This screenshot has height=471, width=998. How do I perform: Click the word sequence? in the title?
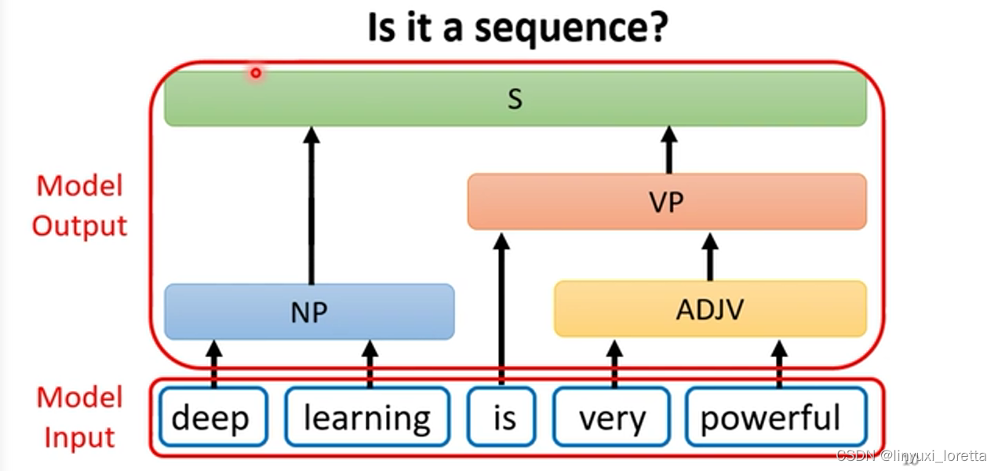[571, 28]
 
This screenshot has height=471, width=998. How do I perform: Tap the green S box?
[515, 98]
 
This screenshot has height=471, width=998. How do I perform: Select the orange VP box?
[667, 202]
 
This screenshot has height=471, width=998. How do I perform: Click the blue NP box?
[310, 312]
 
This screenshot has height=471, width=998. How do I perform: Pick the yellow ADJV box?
[710, 309]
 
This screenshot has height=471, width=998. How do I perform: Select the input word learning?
[367, 417]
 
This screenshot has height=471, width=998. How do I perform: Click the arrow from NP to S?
[311, 206]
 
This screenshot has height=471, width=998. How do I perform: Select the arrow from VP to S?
[668, 150]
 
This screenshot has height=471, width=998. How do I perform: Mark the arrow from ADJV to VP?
[710, 257]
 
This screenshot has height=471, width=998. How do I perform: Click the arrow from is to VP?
[501, 309]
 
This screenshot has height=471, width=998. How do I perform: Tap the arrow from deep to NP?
[214, 364]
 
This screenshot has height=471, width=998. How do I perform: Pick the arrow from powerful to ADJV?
[779, 364]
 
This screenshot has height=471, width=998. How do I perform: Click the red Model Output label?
[80, 206]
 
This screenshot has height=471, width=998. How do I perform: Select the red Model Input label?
[80, 417]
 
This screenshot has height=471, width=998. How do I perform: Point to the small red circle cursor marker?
[256, 73]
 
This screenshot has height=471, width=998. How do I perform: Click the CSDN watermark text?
[911, 455]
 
